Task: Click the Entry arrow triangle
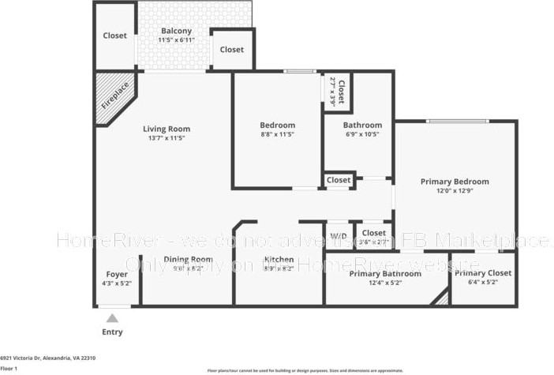coord(113,318)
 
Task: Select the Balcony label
coord(176,31)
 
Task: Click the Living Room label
coord(167,129)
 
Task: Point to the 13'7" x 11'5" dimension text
coord(167,138)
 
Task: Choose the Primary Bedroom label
coord(455,182)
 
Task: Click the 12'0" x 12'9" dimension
coord(455,190)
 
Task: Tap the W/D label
coord(339,236)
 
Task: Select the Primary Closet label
coord(483,273)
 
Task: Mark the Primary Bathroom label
coord(385,273)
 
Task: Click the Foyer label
coord(116,274)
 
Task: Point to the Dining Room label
coord(188,260)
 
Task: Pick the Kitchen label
coord(279,260)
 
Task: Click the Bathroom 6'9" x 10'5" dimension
coord(362,134)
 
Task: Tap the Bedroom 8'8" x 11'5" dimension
coord(278,134)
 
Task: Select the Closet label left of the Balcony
coord(115,36)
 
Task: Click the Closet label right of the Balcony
coord(232,49)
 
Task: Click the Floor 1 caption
coord(9,368)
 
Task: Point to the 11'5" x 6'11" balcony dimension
coord(176,39)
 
